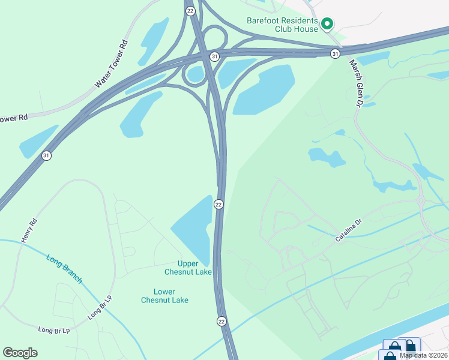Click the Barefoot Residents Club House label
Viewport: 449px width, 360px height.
282,24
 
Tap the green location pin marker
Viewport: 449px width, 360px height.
327,24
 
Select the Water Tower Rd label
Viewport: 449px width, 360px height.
112,65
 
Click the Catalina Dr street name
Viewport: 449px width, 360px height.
349,230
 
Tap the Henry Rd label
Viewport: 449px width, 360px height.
29,230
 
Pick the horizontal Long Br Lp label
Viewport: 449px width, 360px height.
54,330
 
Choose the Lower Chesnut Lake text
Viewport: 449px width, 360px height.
164,296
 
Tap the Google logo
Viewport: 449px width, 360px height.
20,353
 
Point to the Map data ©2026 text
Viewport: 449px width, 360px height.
423,355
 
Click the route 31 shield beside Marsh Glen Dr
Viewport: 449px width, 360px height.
335,54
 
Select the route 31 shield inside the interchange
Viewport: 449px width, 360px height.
214,56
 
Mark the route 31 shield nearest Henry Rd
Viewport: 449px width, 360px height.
46,155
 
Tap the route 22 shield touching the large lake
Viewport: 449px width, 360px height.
219,205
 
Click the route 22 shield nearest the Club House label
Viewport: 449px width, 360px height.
190,11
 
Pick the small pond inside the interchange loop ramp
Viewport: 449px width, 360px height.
195,74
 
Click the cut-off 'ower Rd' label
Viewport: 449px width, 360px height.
14,118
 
